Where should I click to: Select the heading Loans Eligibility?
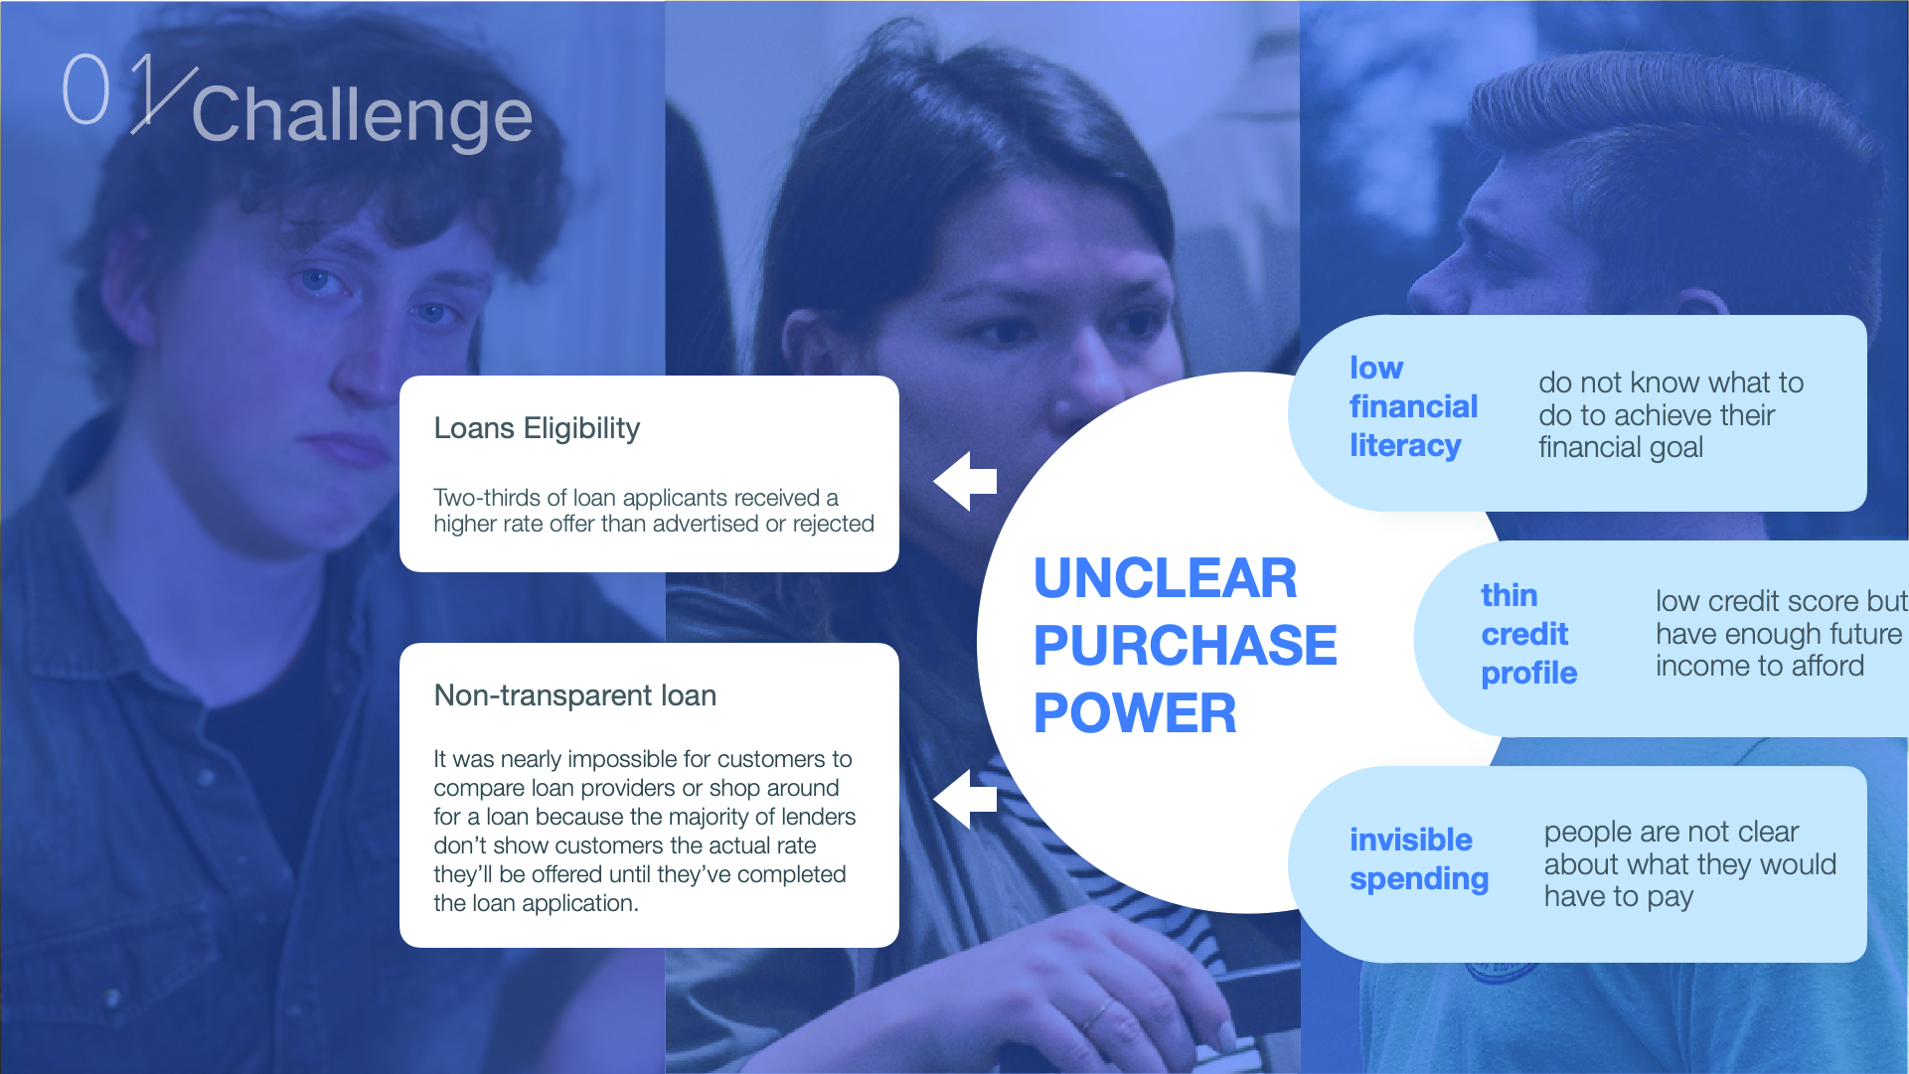click(x=537, y=429)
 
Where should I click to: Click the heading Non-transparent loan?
click(x=574, y=695)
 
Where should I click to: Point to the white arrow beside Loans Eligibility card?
click(x=965, y=481)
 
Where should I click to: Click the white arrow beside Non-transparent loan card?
click(x=965, y=798)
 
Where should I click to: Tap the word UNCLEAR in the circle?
click(x=1165, y=578)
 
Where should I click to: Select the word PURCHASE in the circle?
click(x=1185, y=646)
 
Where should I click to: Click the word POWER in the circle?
click(x=1135, y=713)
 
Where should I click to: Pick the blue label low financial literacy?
click(x=1413, y=407)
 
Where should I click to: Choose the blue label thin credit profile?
click(x=1528, y=634)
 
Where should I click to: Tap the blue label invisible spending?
click(x=1419, y=859)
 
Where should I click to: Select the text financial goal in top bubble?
click(x=1621, y=448)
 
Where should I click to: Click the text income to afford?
click(x=1760, y=666)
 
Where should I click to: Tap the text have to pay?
click(x=1618, y=897)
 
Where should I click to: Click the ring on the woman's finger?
click(x=1097, y=1014)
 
